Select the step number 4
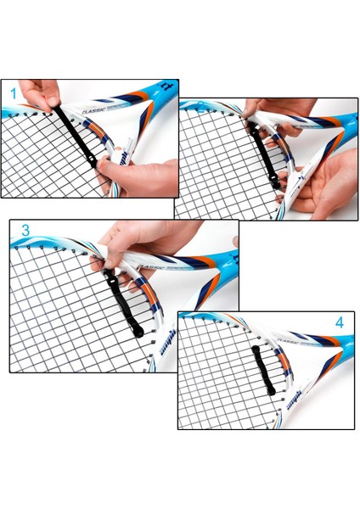(339, 322)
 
